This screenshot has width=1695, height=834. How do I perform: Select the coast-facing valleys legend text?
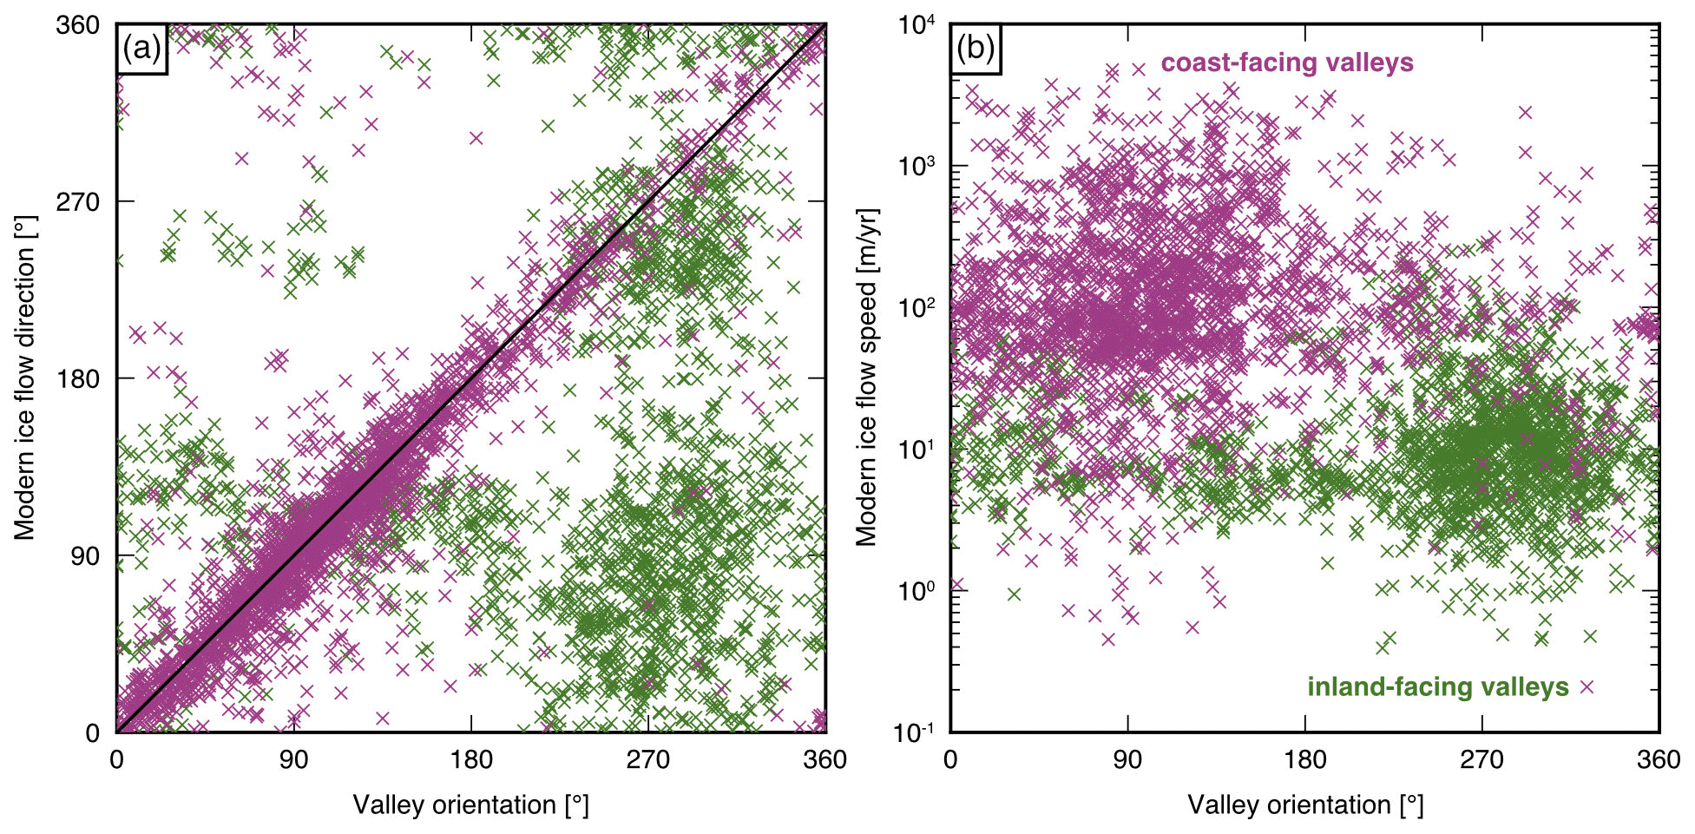tap(1287, 62)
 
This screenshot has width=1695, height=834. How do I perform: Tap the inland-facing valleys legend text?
tap(1437, 687)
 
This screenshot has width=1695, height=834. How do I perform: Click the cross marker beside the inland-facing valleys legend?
tap(1587, 687)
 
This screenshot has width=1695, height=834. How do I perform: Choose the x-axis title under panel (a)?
tap(470, 805)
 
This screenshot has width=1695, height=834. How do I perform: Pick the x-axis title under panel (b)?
tap(1304, 805)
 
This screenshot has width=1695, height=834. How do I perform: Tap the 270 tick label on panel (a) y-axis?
tap(78, 201)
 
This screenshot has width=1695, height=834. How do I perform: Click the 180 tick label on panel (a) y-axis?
tap(78, 378)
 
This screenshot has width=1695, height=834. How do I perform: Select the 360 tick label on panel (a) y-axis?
tap(78, 25)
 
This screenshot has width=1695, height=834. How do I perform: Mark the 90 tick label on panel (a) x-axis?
tap(293, 759)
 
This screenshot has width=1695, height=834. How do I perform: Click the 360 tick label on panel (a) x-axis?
tap(825, 759)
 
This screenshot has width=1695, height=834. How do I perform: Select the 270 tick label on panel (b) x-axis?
tap(1481, 759)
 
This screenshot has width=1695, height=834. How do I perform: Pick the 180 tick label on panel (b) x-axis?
tap(1304, 759)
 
